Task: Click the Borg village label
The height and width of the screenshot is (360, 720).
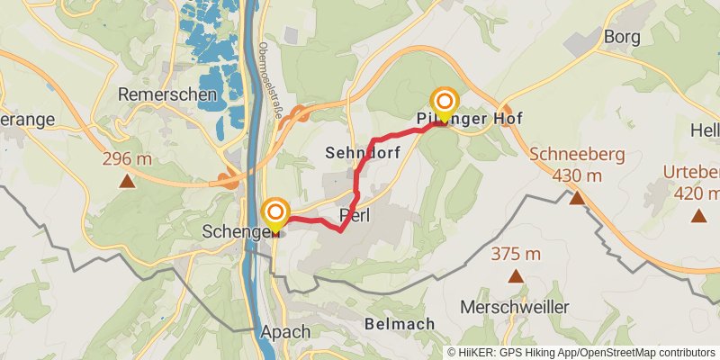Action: [621, 38]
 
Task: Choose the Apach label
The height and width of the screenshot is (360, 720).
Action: [285, 331]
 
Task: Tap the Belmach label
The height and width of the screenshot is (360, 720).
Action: [400, 323]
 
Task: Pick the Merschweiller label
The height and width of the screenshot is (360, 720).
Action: [514, 307]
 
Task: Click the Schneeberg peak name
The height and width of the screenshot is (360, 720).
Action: [576, 154]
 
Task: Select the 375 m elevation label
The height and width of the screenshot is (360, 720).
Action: [516, 255]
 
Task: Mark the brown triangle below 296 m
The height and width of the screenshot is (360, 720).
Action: [128, 180]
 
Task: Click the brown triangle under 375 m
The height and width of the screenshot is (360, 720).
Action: [516, 276]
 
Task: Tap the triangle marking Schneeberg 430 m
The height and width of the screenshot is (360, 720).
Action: [577, 196]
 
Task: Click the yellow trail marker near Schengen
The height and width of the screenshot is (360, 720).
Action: [275, 213]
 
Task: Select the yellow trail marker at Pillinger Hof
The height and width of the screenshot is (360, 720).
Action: [445, 102]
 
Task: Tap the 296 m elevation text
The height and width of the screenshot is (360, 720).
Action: [128, 159]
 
